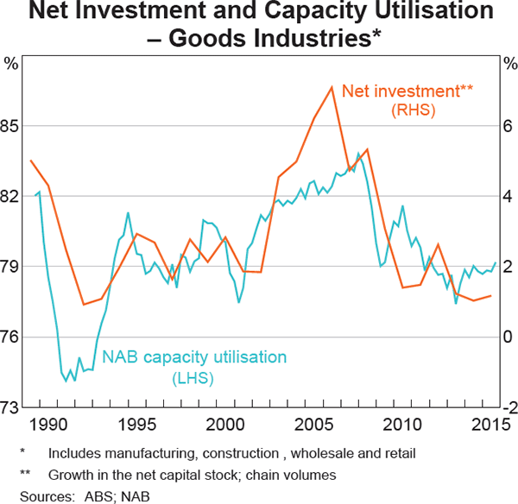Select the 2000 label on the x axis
(x=225, y=425)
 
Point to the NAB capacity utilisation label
(x=195, y=356)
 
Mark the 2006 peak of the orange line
(x=332, y=87)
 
